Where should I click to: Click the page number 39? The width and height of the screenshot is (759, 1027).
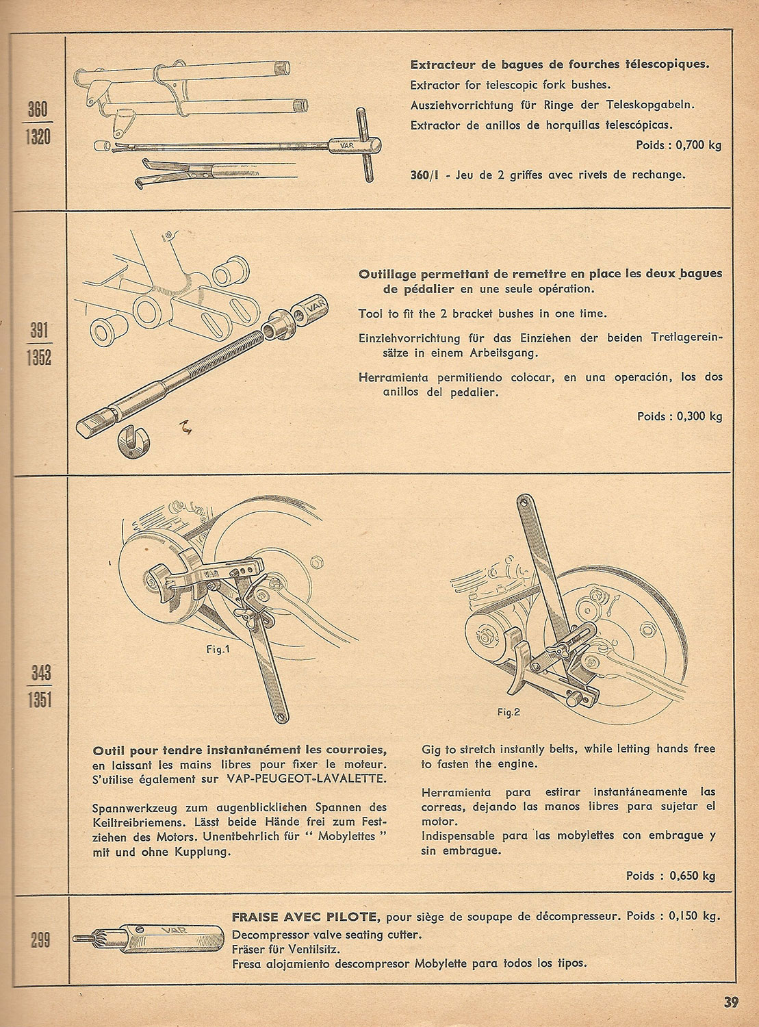731,1002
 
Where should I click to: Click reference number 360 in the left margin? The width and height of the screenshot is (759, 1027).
38,110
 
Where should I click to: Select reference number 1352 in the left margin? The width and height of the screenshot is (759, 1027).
39,357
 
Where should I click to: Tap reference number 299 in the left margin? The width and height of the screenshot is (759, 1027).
40,941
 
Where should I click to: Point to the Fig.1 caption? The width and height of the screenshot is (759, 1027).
218,650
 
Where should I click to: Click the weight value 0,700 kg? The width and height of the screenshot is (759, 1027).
698,145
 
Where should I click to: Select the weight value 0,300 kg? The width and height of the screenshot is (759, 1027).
699,416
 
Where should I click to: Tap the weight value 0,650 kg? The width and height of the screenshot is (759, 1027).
693,876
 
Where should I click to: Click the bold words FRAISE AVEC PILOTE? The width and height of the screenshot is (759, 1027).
306,917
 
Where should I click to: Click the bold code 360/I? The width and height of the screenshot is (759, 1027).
424,175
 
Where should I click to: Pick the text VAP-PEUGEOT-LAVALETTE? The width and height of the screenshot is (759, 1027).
307,779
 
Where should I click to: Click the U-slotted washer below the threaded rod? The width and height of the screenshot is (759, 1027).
133,441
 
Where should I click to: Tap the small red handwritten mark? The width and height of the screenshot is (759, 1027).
186,427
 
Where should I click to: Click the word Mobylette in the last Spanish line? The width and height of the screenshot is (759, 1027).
441,963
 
